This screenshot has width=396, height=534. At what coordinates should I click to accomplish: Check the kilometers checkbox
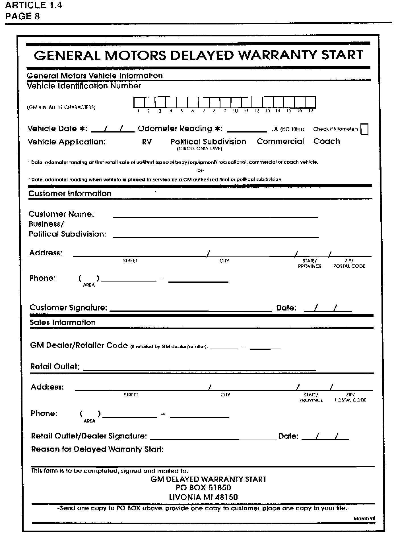tap(364, 129)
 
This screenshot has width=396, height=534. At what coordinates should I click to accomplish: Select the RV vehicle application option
tap(147, 142)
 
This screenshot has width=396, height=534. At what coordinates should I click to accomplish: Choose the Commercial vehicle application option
tap(280, 141)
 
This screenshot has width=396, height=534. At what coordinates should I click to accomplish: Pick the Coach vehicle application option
tap(327, 141)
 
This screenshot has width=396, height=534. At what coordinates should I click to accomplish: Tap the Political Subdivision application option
tap(208, 142)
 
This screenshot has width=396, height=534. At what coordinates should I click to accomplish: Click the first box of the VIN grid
tap(139, 102)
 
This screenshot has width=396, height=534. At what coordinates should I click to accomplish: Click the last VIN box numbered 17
tap(310, 102)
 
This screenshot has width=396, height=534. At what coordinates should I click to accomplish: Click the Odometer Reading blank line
tap(247, 130)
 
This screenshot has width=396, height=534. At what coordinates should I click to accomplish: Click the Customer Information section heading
tap(70, 194)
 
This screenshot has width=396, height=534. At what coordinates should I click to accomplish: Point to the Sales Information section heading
tap(63, 322)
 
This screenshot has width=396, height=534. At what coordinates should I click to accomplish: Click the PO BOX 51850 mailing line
tap(203, 488)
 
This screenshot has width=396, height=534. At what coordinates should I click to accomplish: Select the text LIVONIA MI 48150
tap(203, 497)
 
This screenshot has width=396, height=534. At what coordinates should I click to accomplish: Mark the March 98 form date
tap(364, 518)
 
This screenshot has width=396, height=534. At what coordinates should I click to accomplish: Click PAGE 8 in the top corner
tap(22, 16)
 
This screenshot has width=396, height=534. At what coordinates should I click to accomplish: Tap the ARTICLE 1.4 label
tap(34, 5)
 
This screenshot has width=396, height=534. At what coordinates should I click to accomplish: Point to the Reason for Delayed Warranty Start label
tap(97, 449)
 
